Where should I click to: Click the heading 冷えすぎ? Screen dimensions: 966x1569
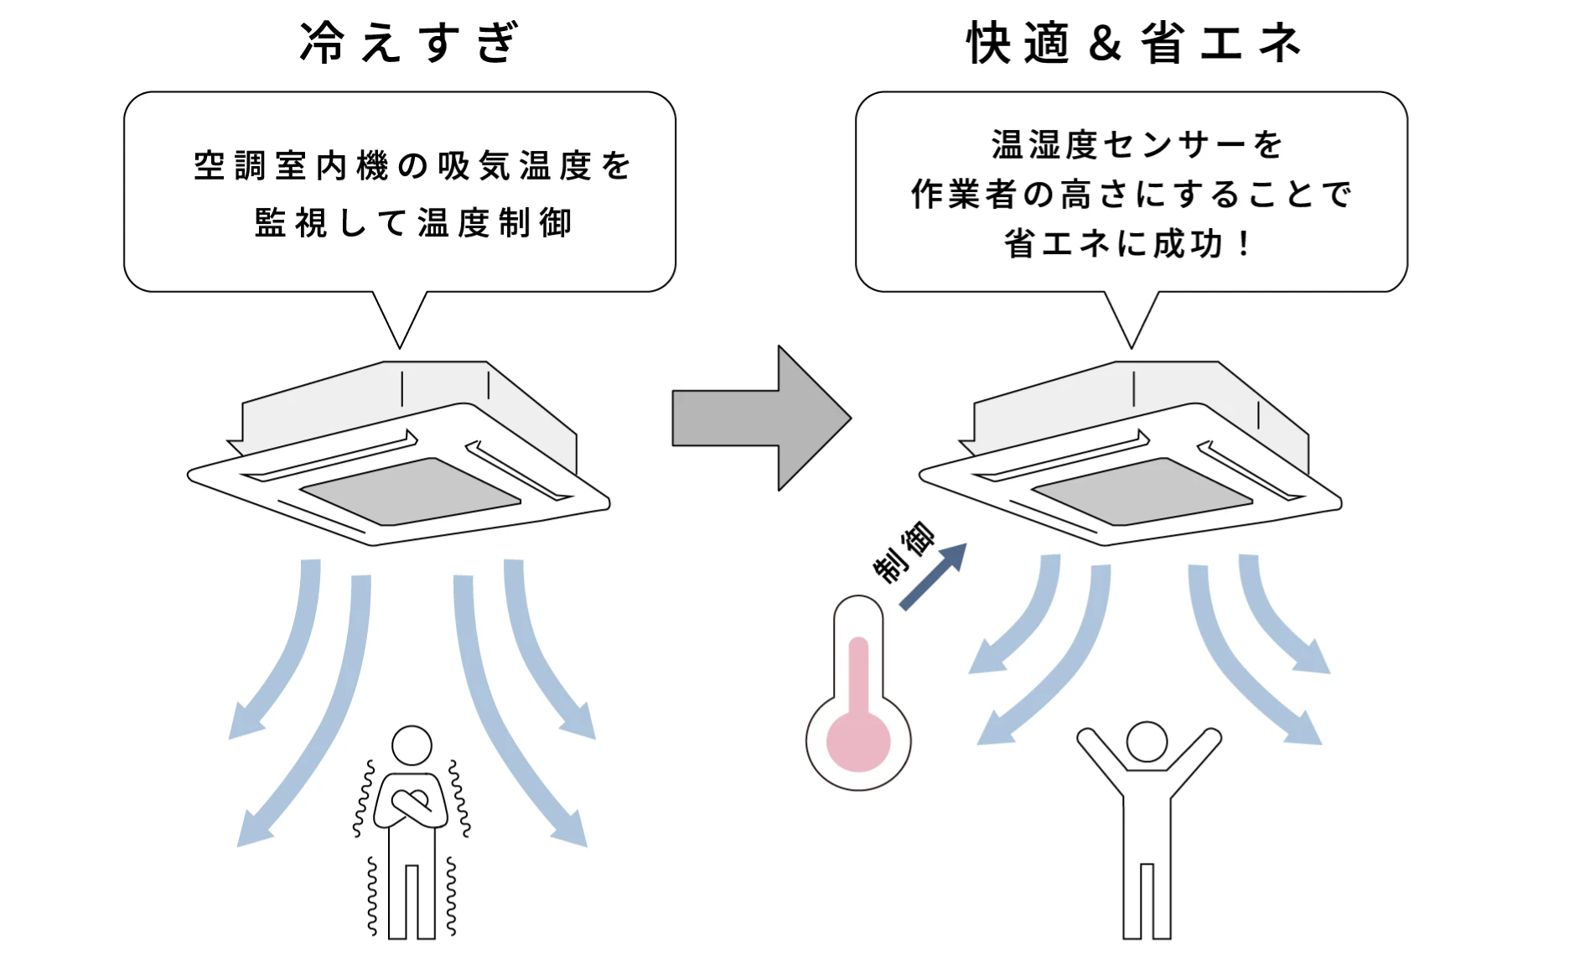point(409,43)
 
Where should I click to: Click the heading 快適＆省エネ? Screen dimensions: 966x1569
point(1133,43)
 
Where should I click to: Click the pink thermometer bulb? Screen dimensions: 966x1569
point(857,741)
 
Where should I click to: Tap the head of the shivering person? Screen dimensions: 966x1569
point(412,745)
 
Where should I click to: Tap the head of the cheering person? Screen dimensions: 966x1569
point(1147,741)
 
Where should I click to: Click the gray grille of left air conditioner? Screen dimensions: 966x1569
point(411,492)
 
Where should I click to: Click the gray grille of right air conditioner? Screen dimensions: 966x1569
point(1142,492)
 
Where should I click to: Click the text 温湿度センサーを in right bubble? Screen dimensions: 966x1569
point(1136,145)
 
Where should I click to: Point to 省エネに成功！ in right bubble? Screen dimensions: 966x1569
point(1127,244)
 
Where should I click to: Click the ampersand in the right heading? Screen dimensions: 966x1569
point(1105,43)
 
